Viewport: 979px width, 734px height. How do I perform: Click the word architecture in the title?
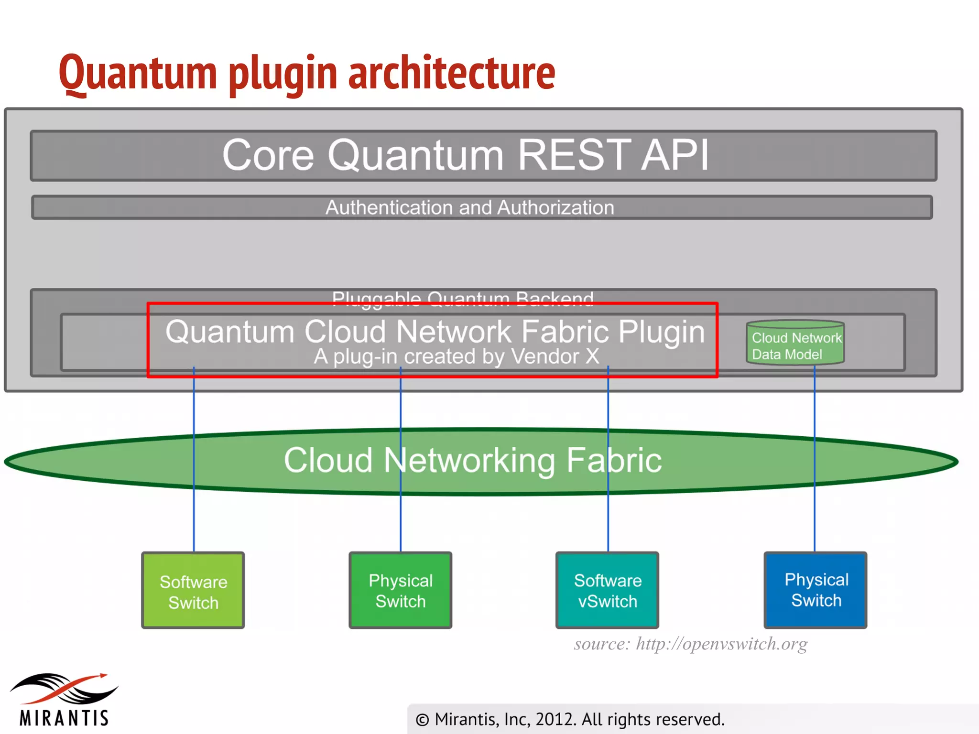(451, 73)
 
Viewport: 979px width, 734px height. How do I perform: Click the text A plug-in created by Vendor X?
(456, 357)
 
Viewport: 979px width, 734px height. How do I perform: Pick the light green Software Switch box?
(193, 591)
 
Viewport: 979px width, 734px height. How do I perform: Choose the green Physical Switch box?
(400, 591)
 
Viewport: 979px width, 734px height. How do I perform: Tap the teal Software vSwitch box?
(607, 591)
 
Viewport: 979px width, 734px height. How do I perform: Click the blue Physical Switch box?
(816, 590)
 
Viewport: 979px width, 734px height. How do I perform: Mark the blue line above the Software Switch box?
(194, 521)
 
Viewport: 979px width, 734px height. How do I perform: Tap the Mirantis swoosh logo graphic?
(65, 688)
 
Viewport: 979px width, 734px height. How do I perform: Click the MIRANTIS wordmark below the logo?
(65, 718)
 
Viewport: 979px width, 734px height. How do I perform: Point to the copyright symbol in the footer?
(423, 720)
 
